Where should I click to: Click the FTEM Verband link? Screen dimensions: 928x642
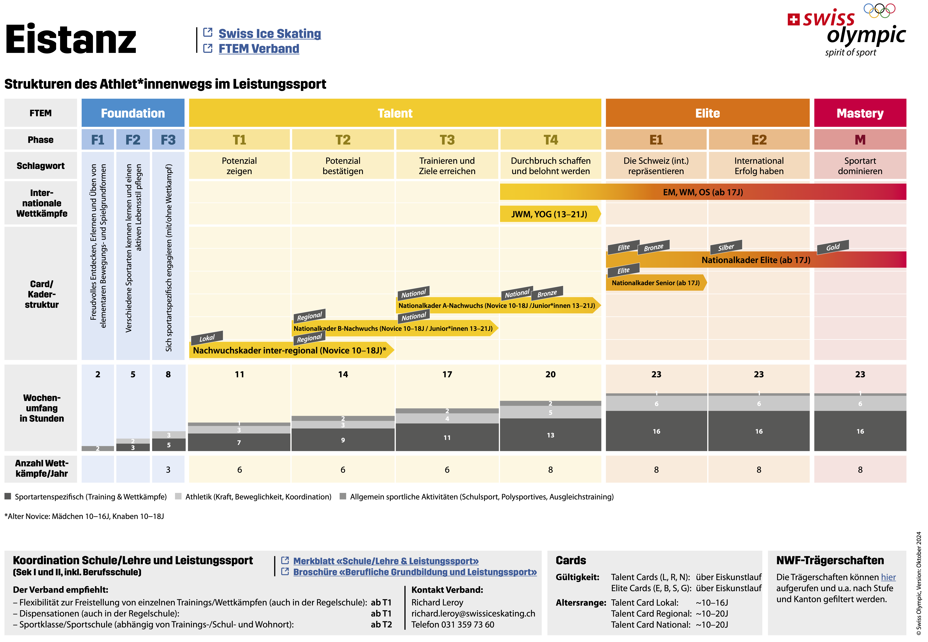point(259,49)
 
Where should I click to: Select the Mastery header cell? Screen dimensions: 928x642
point(860,113)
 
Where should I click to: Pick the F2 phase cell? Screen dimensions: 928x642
point(133,140)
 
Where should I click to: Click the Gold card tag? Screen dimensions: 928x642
point(833,247)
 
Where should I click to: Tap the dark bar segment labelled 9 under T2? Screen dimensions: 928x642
point(343,440)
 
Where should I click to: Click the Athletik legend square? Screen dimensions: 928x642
point(178,496)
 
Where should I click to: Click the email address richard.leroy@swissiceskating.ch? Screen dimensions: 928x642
point(473,613)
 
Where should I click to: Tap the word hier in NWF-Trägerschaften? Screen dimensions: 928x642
point(888,577)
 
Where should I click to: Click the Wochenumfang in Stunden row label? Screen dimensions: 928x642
point(42,408)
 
